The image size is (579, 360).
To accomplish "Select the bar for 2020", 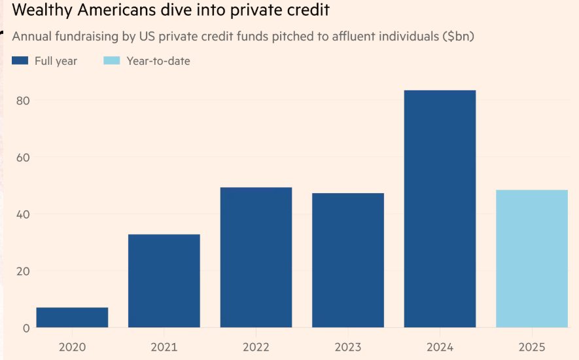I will pyautogui.click(x=72, y=317).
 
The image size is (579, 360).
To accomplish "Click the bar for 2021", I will pyautogui.click(x=164, y=281).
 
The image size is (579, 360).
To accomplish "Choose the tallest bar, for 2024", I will pyautogui.click(x=440, y=209).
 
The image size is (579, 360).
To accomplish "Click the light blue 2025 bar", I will pyautogui.click(x=531, y=259).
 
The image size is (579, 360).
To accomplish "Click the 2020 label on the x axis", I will pyautogui.click(x=72, y=347).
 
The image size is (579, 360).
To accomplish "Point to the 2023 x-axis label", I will pyautogui.click(x=348, y=347).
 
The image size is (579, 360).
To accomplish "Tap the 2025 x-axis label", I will pyautogui.click(x=531, y=347).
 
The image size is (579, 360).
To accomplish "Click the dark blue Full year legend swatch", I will pyautogui.click(x=20, y=61).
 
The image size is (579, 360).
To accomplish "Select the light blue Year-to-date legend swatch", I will pyautogui.click(x=112, y=61).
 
